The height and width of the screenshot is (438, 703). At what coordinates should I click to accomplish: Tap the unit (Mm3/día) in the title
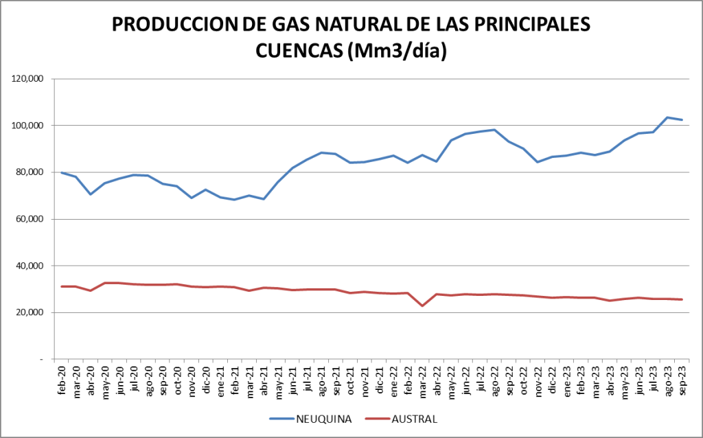coord(397,51)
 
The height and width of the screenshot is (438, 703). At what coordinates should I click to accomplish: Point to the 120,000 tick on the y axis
coord(30,79)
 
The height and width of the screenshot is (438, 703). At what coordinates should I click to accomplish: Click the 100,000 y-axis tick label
coord(30,126)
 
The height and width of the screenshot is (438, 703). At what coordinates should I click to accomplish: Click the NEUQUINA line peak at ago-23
coord(667,117)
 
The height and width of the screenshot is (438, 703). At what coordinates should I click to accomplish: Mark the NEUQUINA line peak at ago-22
coord(494,130)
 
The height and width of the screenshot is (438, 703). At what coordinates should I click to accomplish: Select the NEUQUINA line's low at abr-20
coord(91,194)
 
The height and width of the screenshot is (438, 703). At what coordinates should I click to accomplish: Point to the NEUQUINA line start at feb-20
coord(62,172)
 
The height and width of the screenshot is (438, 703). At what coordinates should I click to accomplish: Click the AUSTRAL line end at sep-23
coord(682,299)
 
